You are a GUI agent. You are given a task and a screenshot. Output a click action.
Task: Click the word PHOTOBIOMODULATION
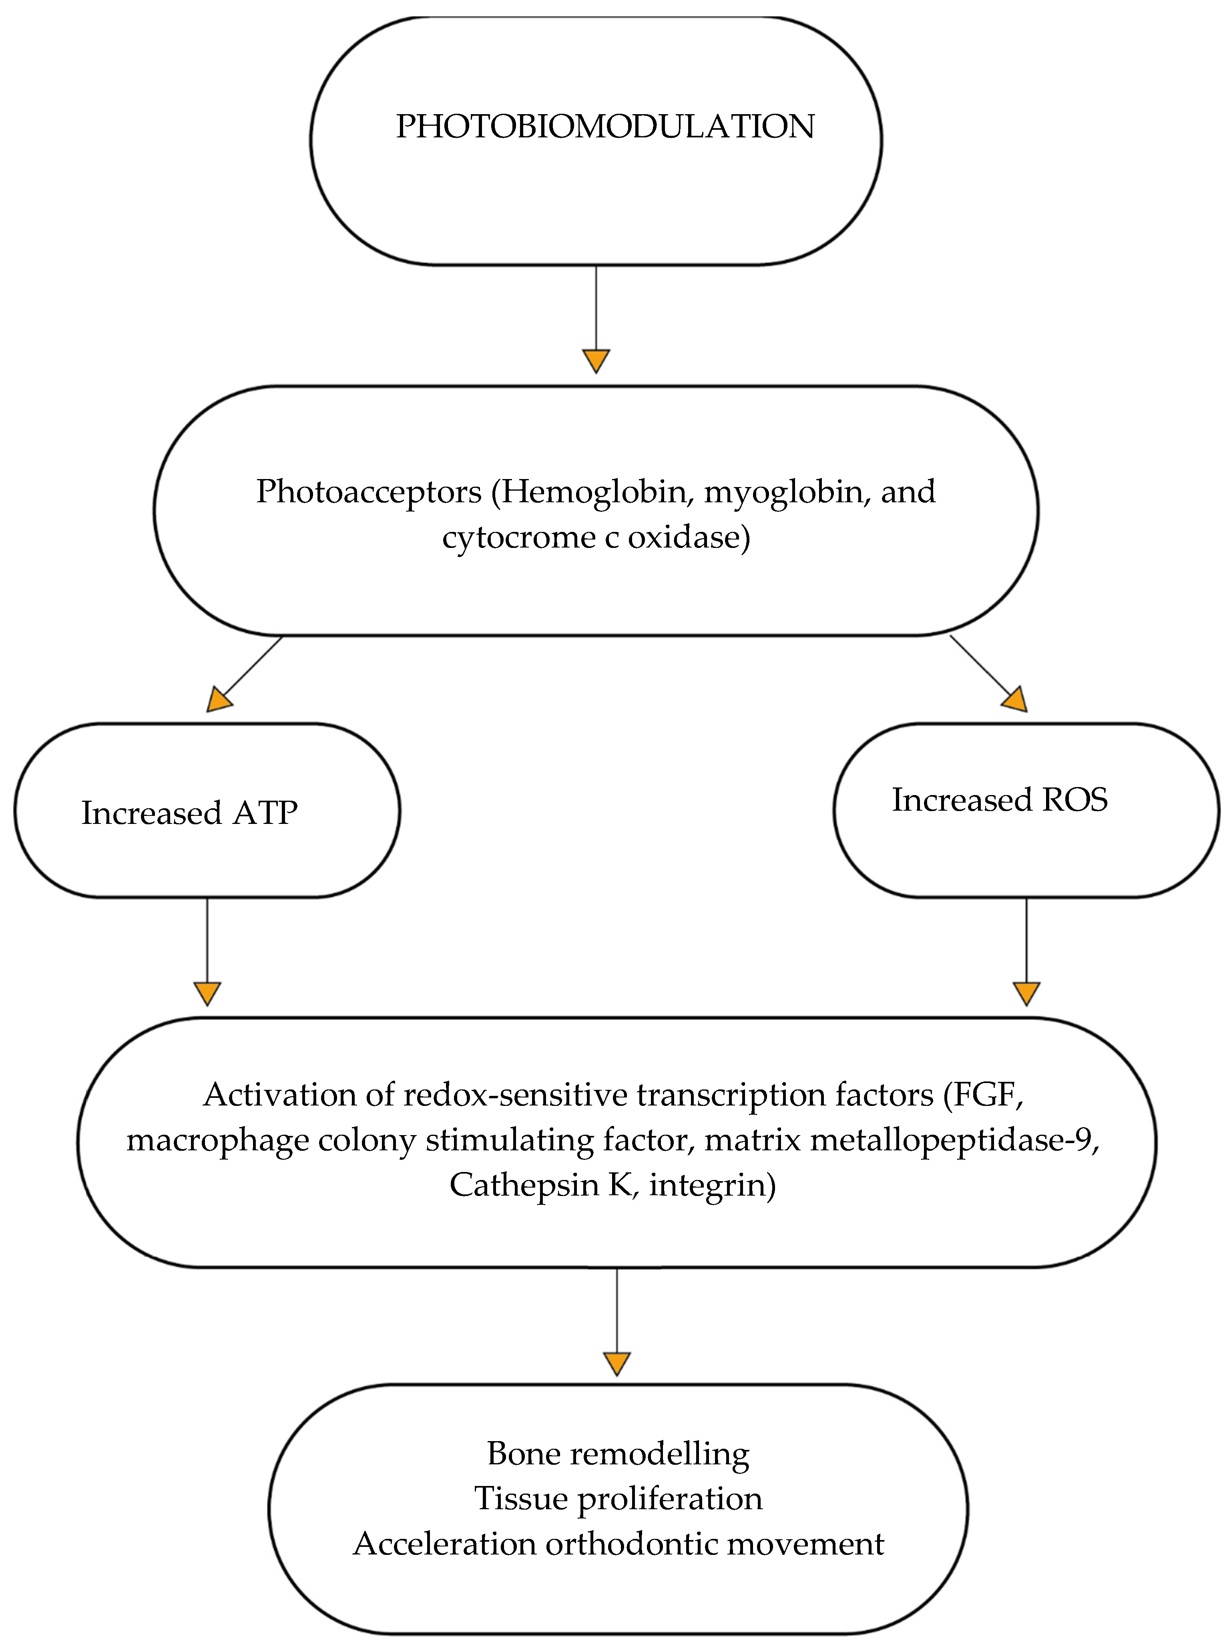(605, 127)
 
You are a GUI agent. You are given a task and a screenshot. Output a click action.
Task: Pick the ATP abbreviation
(265, 813)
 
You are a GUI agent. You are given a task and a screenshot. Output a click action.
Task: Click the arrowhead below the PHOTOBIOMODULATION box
(596, 361)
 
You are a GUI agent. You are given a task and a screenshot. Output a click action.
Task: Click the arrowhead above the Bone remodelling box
(617, 1363)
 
